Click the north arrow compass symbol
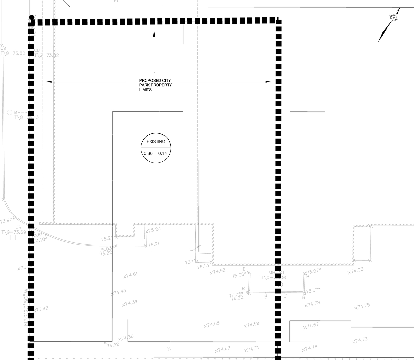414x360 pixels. [x=393, y=18]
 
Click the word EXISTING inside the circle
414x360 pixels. [x=156, y=142]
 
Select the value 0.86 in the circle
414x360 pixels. [x=148, y=153]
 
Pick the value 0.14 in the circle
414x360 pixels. [x=163, y=153]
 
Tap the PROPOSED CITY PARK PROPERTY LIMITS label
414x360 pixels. [x=155, y=85]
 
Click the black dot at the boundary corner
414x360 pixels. [x=32, y=17]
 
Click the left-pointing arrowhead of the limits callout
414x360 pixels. [x=49, y=82]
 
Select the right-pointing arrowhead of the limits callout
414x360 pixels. [x=268, y=82]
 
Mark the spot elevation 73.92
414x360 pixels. [x=42, y=309]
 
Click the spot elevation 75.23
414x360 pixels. [x=154, y=230]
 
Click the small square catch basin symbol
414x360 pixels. [x=13, y=238]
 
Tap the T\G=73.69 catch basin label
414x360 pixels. [x=14, y=232]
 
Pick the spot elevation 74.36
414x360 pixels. [x=127, y=337]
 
